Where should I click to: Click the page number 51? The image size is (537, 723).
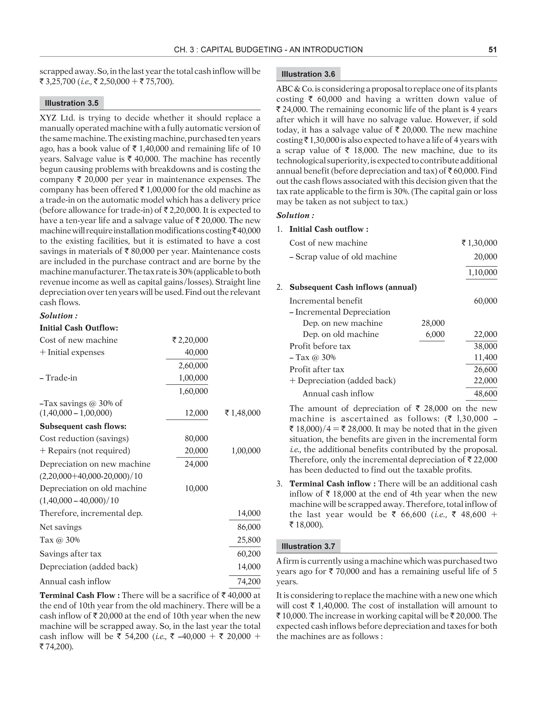point(492,50)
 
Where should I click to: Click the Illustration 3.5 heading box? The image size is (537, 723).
point(72,103)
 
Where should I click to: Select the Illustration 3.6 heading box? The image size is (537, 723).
point(308,74)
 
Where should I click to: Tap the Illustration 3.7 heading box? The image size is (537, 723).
point(308,546)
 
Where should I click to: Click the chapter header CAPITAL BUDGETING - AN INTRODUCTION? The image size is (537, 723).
point(268,50)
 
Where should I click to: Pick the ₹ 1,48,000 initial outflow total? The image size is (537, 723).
point(243,413)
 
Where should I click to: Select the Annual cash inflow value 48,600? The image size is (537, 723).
point(485,394)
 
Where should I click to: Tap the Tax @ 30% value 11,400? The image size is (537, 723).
point(485,358)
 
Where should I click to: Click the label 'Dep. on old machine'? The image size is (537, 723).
point(340,334)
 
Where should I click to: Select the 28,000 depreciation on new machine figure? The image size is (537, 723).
point(433,323)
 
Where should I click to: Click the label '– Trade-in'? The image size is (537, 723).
point(58,378)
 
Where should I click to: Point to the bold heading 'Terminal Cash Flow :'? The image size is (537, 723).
point(80,595)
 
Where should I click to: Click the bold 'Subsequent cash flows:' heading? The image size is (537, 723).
point(83,426)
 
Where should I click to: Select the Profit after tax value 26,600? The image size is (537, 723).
point(485,369)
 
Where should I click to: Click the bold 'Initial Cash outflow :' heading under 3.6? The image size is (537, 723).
point(329,229)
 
